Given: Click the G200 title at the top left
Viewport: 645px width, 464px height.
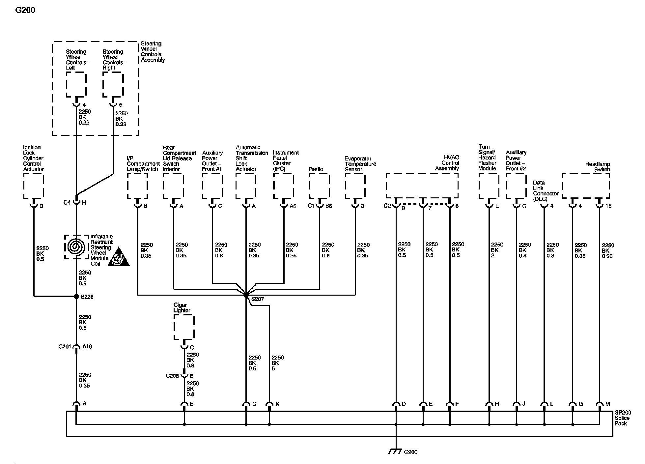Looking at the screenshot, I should (x=25, y=10).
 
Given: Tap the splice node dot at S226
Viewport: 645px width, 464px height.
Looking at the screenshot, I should (x=76, y=296).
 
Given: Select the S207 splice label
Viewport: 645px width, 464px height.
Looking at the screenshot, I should (x=258, y=299).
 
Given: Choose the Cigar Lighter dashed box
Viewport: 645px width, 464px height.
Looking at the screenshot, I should (x=184, y=327).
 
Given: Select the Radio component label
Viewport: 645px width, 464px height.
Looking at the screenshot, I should (x=316, y=169).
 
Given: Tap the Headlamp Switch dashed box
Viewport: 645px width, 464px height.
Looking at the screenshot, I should (x=586, y=186).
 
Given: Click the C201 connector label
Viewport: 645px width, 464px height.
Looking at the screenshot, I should (x=65, y=347).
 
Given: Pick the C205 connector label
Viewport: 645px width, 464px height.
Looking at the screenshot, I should (x=172, y=376).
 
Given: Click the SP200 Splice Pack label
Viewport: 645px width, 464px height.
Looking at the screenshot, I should (x=622, y=418).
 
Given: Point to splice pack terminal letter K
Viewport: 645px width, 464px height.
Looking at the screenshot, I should (x=277, y=404).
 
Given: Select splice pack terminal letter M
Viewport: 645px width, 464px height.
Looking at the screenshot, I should (x=608, y=404).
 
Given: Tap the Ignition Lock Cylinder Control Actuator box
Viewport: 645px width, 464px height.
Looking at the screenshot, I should (x=34, y=186).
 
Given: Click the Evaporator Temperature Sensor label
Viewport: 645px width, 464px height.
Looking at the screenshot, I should (x=360, y=164).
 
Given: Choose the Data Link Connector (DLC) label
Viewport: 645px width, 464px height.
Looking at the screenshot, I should (x=546, y=191).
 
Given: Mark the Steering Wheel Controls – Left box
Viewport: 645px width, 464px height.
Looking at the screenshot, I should (x=76, y=85).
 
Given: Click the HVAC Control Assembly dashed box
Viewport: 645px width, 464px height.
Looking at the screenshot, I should (x=422, y=186).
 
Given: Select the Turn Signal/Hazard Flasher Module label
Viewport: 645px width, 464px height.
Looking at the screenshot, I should (x=487, y=158).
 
